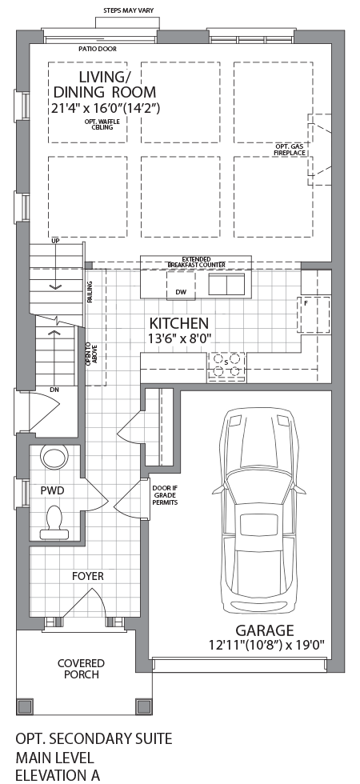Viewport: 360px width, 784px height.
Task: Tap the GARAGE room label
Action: pyautogui.click(x=265, y=630)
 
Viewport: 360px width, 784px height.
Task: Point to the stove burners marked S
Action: pyautogui.click(x=226, y=365)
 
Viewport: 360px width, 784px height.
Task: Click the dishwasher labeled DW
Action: pyautogui.click(x=181, y=286)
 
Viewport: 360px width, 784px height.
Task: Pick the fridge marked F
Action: pyautogui.click(x=314, y=314)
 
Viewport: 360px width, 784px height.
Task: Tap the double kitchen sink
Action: pyautogui.click(x=227, y=284)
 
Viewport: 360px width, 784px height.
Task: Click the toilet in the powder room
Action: pyautogui.click(x=54, y=521)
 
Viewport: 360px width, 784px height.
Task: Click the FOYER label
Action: pyautogui.click(x=87, y=577)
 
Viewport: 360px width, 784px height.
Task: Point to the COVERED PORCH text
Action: pyautogui.click(x=81, y=669)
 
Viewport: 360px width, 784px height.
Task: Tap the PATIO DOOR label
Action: pyautogui.click(x=98, y=50)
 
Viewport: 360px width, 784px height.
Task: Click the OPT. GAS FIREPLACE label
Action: pyautogui.click(x=290, y=150)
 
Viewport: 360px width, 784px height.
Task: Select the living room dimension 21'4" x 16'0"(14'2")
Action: pyautogui.click(x=106, y=107)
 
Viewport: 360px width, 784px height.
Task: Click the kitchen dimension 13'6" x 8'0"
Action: pyautogui.click(x=179, y=338)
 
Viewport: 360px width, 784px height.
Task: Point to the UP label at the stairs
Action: pyautogui.click(x=55, y=241)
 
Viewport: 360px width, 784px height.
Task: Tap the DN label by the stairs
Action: pyautogui.click(x=54, y=389)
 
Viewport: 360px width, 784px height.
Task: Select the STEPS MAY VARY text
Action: pyautogui.click(x=129, y=10)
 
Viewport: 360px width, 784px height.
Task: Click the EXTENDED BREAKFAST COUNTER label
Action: pyautogui.click(x=196, y=262)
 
